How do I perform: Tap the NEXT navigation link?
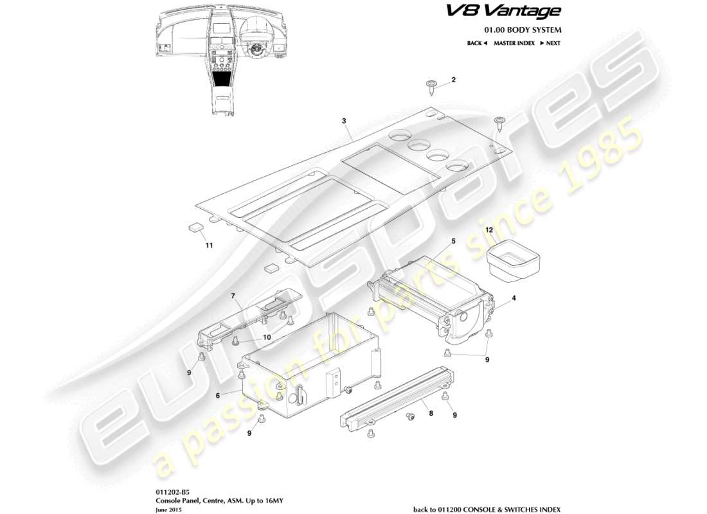point(550,43)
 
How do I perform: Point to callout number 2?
point(453,80)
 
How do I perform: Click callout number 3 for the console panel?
point(345,121)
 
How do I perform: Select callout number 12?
point(489,229)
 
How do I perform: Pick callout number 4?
point(514,298)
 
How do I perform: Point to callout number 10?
point(267,337)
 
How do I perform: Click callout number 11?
point(208,245)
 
